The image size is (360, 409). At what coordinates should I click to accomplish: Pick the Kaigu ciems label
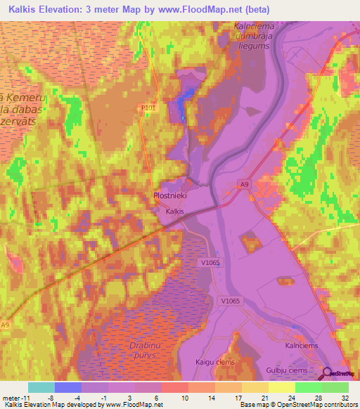215,361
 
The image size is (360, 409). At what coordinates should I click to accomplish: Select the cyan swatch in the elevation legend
41,387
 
